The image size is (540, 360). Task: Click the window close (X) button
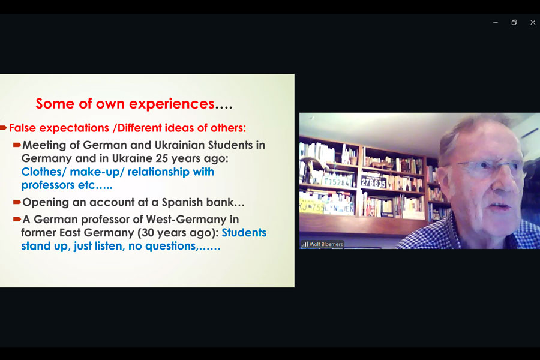533,22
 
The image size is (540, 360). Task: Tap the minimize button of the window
496,22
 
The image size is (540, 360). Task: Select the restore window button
514,22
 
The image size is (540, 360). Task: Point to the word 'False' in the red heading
22,128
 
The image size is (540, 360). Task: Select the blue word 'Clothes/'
43,172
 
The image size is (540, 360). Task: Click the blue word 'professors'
48,185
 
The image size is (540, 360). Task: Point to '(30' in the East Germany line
145,233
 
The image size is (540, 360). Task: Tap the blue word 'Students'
244,233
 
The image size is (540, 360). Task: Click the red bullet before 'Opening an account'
17,202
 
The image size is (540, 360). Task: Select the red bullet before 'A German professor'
17,219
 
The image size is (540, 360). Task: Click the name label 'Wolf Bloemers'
326,244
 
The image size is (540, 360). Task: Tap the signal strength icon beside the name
305,244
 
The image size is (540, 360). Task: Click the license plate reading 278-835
373,182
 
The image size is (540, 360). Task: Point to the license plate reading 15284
337,181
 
